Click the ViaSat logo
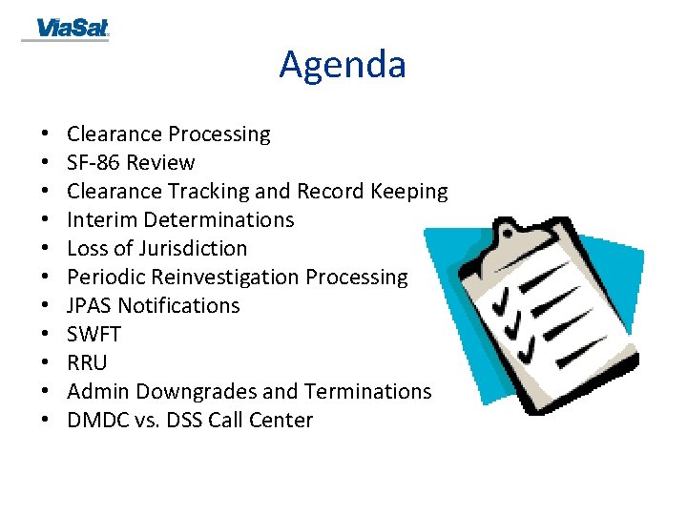[73, 29]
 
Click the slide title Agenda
[343, 65]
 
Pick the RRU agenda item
[87, 363]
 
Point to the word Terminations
[367, 392]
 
